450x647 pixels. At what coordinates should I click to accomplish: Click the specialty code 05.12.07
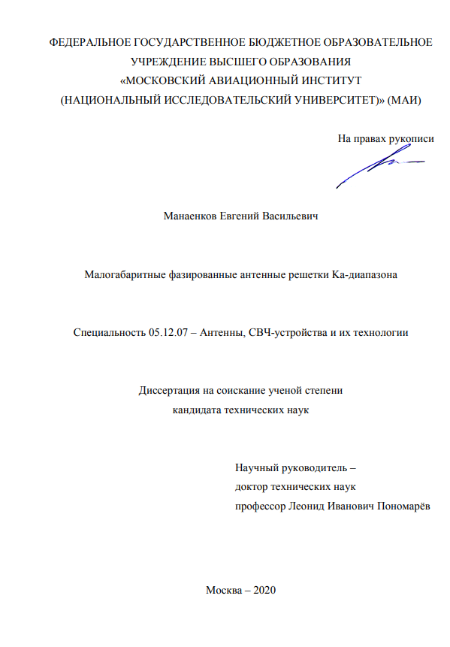pos(165,332)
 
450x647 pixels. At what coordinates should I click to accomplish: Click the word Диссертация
pos(170,390)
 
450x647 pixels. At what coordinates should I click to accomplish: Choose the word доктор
pos(253,487)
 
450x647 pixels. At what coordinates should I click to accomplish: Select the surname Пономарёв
pos(402,506)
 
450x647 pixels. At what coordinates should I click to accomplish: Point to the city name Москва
pos(223,589)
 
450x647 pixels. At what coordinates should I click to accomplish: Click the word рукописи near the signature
pos(412,138)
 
